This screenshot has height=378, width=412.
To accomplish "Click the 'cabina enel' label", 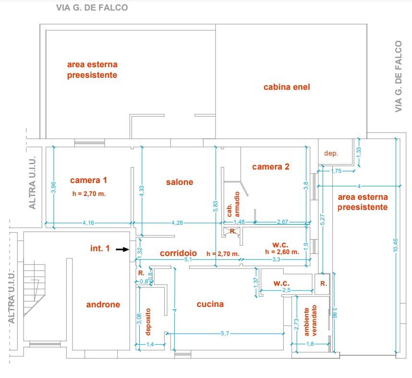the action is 287,87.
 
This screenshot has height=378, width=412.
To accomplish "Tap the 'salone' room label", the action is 180,182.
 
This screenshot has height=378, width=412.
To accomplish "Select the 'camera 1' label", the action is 88,180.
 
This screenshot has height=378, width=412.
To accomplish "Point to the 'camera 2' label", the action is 271,167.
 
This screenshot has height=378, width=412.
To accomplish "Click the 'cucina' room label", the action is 210,304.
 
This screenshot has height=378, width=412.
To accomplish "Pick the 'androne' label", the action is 103,305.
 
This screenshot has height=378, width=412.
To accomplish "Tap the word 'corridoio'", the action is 179,253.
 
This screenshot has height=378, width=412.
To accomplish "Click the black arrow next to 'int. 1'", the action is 123,249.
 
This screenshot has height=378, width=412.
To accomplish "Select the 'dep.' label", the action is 331,154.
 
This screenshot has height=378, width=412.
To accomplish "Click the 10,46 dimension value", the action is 396,245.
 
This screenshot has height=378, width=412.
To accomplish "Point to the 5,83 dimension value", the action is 216,207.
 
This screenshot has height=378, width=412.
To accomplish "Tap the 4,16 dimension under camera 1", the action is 88,223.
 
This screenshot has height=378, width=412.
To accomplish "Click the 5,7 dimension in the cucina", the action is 225,333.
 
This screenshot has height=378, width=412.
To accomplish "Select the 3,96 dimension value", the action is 54,187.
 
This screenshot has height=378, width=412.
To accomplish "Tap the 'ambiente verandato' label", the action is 310,320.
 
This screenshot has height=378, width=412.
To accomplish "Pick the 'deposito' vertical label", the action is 148,322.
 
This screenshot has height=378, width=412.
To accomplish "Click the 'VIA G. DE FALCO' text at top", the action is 92,7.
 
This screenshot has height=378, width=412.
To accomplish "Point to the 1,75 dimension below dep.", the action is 336,171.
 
